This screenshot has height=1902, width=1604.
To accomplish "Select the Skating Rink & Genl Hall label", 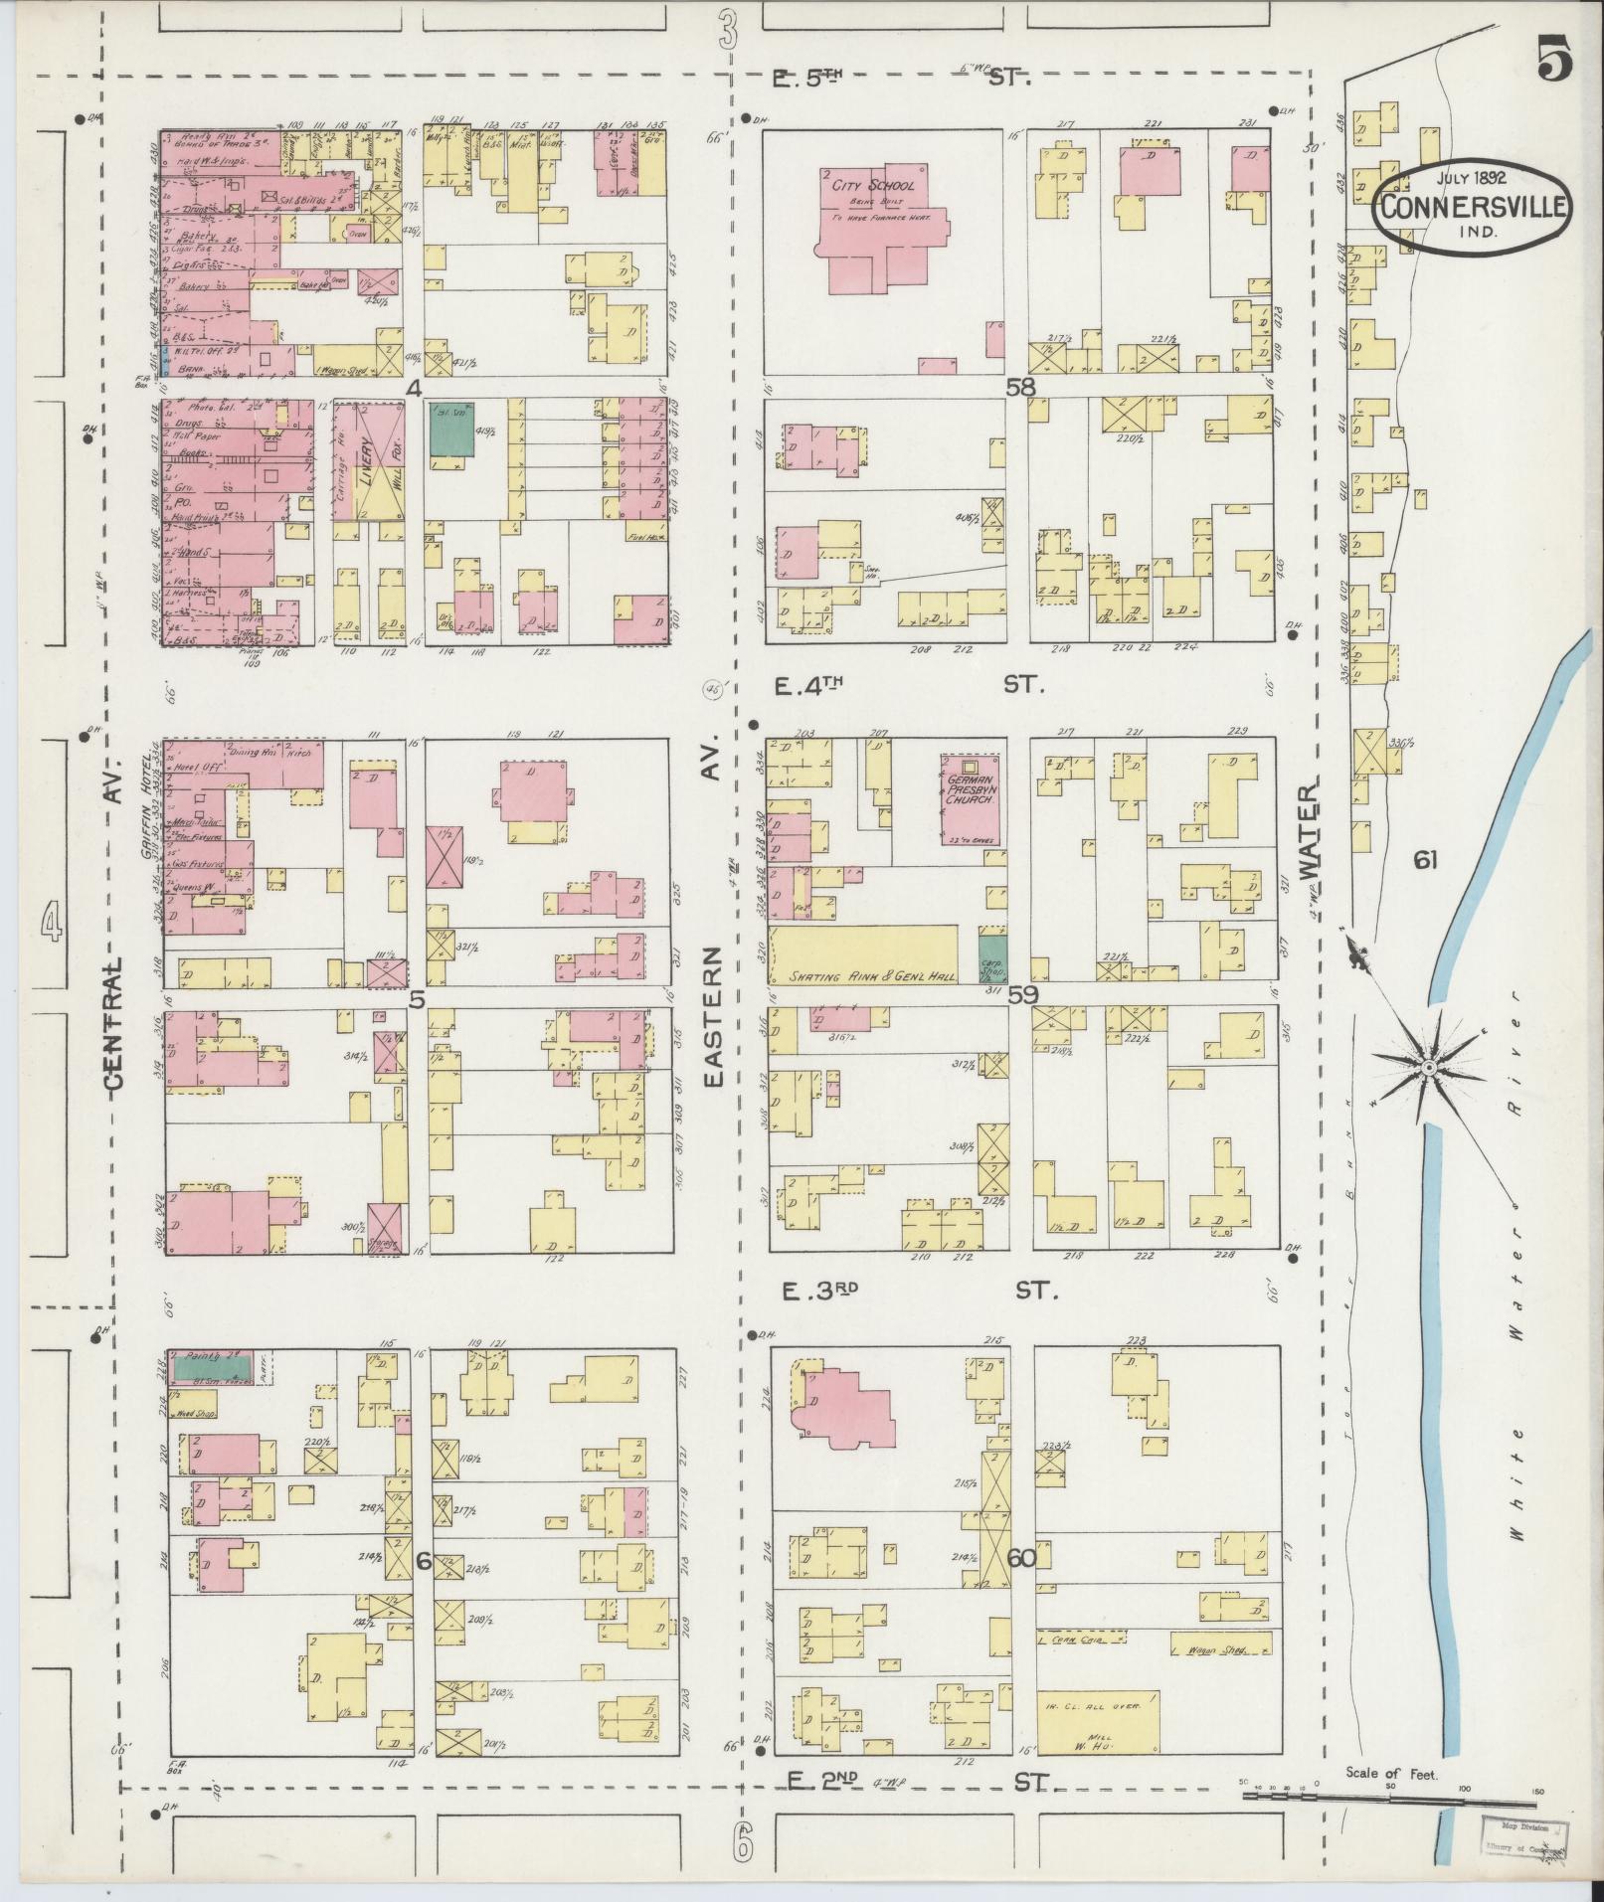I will (863, 975).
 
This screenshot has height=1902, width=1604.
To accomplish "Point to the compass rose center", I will (1427, 1067).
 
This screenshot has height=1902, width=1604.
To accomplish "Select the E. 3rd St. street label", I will (915, 1291).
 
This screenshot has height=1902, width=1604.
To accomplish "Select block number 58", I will (1020, 388).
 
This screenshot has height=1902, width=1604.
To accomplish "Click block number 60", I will (1020, 1558).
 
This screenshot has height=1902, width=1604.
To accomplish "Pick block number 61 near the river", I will (1425, 860).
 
